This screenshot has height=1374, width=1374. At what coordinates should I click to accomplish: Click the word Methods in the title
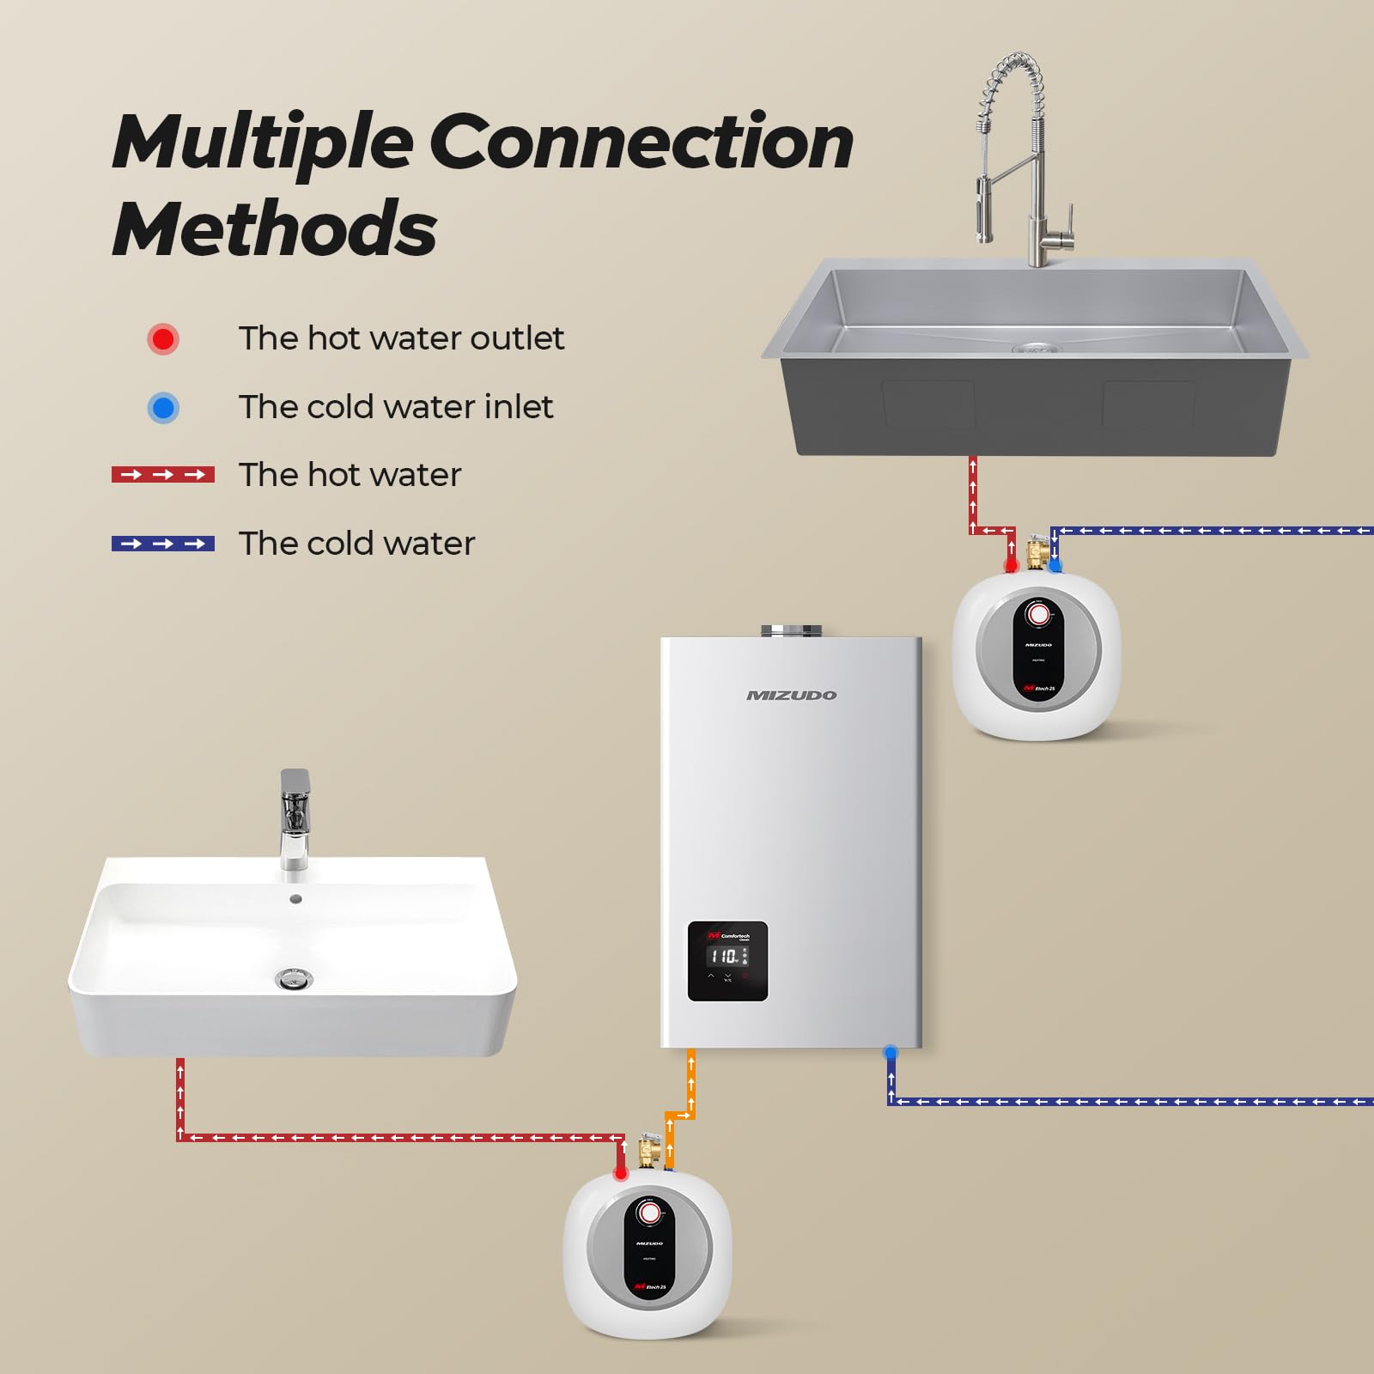point(275,228)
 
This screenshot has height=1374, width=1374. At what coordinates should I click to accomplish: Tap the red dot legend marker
point(163,338)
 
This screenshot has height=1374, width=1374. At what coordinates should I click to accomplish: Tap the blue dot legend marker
point(163,407)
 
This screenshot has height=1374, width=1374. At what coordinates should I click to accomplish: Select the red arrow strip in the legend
point(163,475)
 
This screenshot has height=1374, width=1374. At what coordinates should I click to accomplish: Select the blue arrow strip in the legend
point(163,544)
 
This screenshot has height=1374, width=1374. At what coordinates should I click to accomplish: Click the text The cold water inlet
point(395,407)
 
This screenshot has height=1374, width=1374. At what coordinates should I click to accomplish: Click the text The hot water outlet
point(401,338)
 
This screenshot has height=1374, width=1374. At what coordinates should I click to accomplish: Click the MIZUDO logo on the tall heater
point(791,695)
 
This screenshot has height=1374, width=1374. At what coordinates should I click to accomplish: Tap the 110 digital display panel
point(727,960)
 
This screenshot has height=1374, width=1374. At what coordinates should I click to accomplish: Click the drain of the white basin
point(294,977)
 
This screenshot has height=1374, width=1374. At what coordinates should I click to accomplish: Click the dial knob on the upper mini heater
point(1038,614)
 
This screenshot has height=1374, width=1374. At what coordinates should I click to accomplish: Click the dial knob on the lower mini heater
point(650,1212)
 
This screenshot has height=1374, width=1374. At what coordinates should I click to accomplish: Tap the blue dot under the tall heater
point(891,1051)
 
